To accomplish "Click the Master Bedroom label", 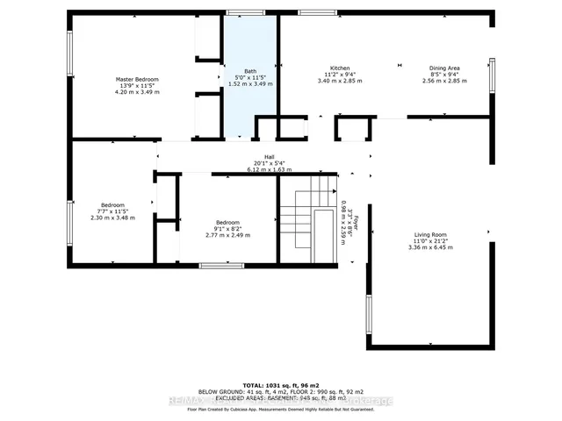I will click(137, 79).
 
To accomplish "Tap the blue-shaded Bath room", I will click(249, 96).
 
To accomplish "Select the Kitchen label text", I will click(340, 68).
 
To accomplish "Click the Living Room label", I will click(431, 235).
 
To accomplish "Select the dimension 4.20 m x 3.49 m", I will click(137, 91).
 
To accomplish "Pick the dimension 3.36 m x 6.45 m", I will click(431, 247).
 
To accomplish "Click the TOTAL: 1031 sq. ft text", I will click(280, 384).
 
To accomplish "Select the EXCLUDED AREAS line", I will click(280, 396).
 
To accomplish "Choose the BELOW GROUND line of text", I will click(280, 390).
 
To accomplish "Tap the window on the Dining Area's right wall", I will click(492, 76).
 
